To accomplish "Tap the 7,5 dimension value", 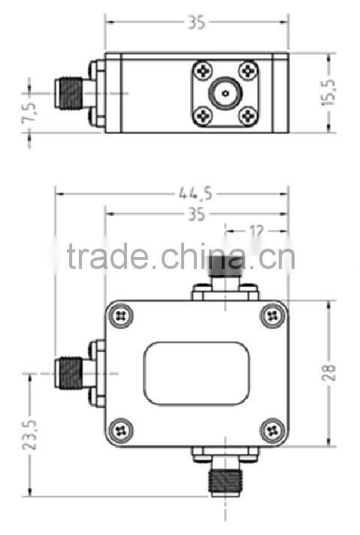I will click(30, 110).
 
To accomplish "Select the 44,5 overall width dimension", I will click(195, 193).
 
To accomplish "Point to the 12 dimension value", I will click(256, 231).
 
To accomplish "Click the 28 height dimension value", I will click(328, 373).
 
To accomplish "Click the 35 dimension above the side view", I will click(196, 23).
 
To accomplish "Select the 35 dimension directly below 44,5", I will click(196, 215).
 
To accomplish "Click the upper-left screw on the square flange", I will click(203, 71).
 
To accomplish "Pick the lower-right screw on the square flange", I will click(249, 116).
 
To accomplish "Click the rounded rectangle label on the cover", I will click(196, 373).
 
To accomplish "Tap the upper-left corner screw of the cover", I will click(121, 316).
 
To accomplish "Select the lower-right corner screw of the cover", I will click(271, 429).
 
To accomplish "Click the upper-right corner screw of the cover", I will click(271, 316).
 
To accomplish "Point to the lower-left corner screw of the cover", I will click(121, 430).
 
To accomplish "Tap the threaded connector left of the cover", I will click(70, 372).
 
